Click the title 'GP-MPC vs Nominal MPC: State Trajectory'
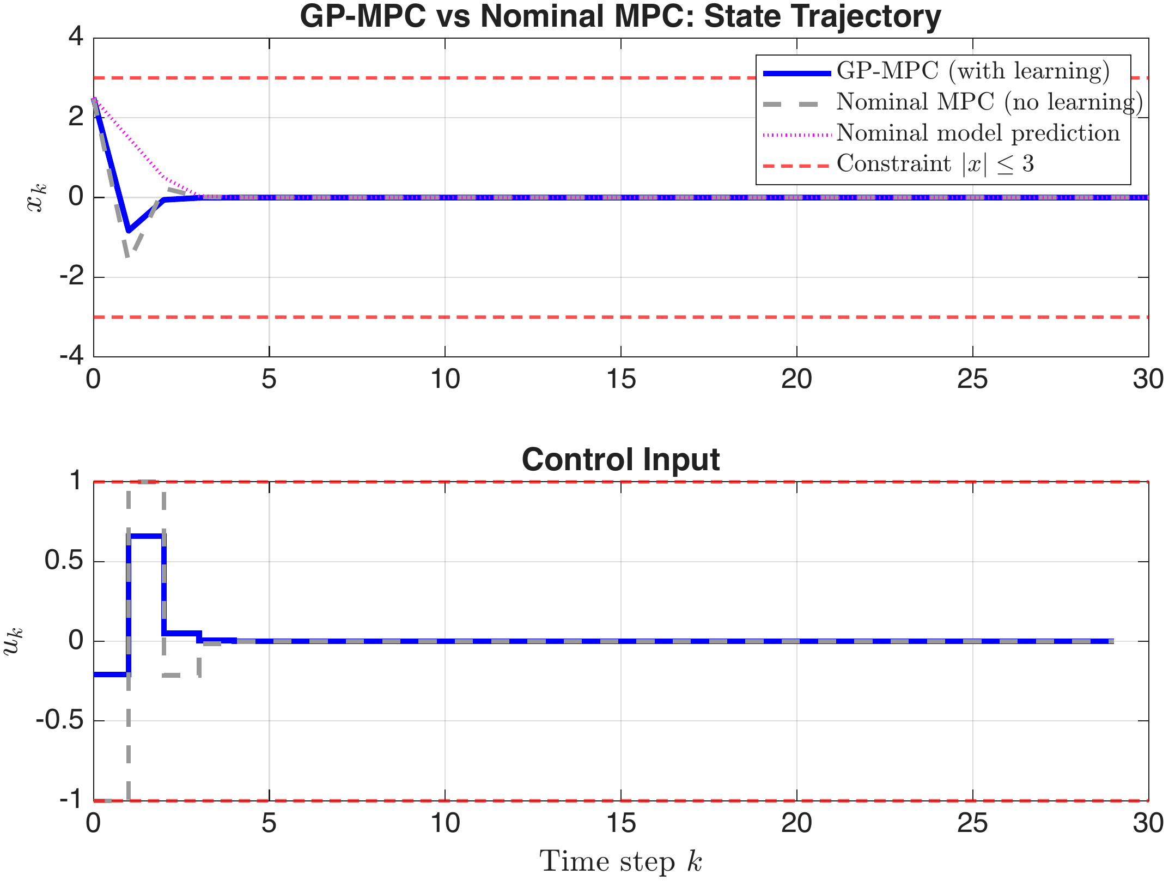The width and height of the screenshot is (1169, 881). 620,16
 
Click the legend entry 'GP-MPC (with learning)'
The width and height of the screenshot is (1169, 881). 973,71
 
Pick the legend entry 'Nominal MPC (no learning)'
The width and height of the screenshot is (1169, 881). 989,102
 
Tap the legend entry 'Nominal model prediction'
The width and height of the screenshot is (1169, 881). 978,133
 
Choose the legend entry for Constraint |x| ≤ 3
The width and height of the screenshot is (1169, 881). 935,163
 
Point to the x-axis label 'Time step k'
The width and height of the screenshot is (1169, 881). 620,861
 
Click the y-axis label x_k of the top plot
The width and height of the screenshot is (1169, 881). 37,198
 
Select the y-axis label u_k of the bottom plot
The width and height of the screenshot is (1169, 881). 14,641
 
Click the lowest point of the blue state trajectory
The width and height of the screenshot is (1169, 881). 129,230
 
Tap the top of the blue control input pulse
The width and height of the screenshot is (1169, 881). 146,536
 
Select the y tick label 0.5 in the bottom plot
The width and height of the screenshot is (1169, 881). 64,561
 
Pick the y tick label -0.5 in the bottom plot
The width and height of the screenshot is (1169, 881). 59,720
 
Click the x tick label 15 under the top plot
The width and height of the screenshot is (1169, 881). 620,379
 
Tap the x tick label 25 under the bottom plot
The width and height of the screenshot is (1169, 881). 972,823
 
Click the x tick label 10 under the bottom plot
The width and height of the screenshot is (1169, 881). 445,823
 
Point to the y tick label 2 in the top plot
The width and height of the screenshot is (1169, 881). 76,117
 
